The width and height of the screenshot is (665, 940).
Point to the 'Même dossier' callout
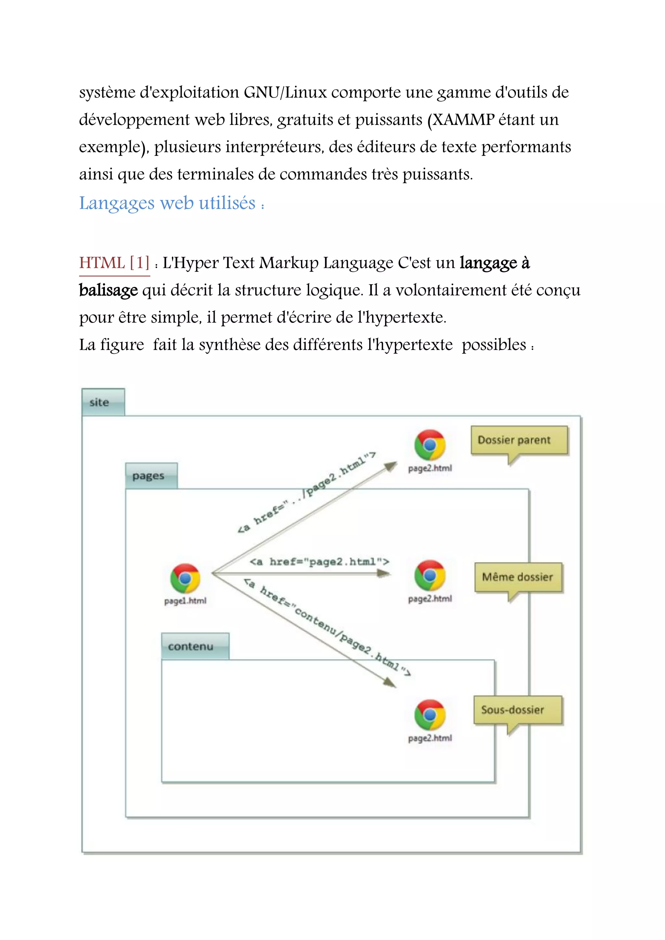(x=518, y=577)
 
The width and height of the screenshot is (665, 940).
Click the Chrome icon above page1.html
(x=185, y=578)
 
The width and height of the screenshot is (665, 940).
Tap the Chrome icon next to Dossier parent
(x=430, y=445)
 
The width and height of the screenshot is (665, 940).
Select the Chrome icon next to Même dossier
(x=430, y=575)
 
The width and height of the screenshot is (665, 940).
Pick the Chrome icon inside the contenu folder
(x=430, y=715)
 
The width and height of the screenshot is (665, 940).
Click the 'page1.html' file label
(x=185, y=600)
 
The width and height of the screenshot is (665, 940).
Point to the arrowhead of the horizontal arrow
(x=384, y=574)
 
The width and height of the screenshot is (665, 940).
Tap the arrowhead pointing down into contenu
(x=390, y=682)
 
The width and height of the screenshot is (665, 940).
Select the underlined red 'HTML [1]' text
(x=114, y=263)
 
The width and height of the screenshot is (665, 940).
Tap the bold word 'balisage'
(x=108, y=290)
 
